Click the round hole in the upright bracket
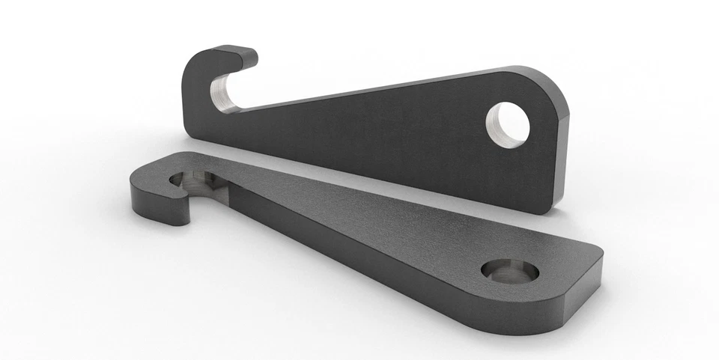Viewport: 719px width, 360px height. pos(509,123)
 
